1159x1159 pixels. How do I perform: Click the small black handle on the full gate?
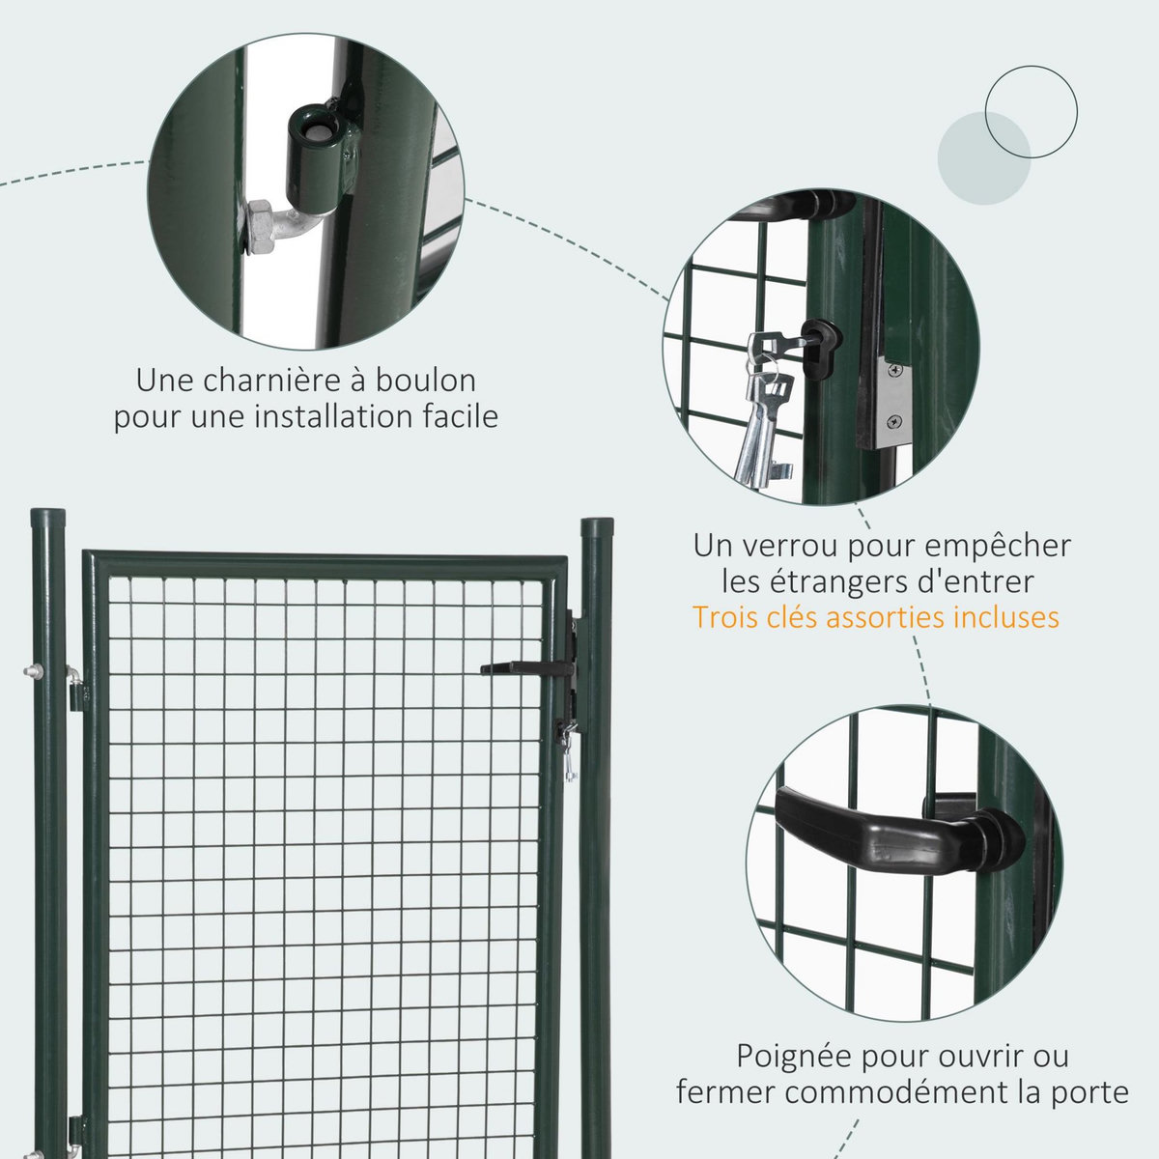(522, 667)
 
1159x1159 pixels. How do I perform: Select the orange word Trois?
(727, 616)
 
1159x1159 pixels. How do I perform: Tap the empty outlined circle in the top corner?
(1031, 112)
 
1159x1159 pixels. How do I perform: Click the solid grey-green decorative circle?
(984, 158)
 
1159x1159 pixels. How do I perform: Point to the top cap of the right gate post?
(596, 526)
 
